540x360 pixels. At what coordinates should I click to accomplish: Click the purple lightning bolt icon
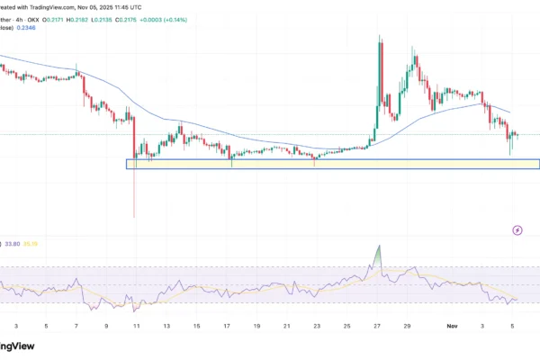517,230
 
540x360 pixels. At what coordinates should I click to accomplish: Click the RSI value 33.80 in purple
13,242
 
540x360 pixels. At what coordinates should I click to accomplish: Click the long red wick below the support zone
134,193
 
